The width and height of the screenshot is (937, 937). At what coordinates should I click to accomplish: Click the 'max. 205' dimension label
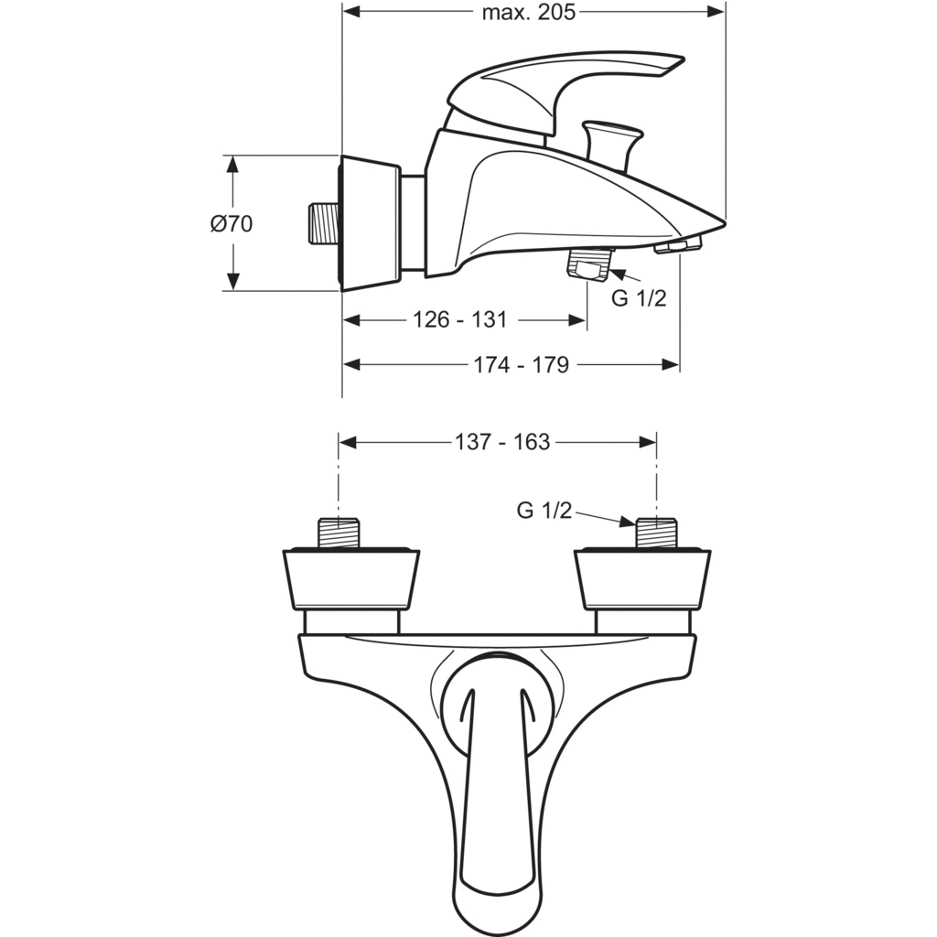click(x=528, y=12)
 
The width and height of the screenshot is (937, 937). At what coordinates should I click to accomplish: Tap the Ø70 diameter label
click(x=232, y=223)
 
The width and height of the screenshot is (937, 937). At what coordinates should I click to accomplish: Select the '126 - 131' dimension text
click(x=460, y=319)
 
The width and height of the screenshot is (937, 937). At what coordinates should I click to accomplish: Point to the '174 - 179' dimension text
click(x=521, y=364)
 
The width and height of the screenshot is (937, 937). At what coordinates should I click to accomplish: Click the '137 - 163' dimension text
click(x=502, y=442)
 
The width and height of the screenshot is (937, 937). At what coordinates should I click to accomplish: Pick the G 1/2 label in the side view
click(x=638, y=297)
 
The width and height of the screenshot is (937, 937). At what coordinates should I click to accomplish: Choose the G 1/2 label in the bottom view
click(x=544, y=510)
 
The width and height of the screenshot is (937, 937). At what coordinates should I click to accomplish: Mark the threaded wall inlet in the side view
click(x=323, y=223)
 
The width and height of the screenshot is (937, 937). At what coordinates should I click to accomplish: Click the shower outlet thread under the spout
click(x=590, y=264)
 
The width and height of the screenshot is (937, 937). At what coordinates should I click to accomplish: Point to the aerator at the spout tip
click(x=677, y=244)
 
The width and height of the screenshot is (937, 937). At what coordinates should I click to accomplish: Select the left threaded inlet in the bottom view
click(x=339, y=533)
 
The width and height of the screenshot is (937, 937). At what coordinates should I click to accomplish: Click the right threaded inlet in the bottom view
click(x=656, y=533)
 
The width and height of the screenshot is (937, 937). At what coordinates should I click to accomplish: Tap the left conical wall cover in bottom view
click(x=351, y=578)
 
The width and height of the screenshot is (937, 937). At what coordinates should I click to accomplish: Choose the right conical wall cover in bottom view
click(x=642, y=578)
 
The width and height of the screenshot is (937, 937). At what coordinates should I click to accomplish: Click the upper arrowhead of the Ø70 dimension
click(x=232, y=164)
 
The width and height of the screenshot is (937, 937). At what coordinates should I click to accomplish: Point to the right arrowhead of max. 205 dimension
click(x=716, y=11)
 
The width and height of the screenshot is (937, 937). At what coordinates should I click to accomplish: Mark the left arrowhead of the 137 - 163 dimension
click(x=348, y=442)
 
